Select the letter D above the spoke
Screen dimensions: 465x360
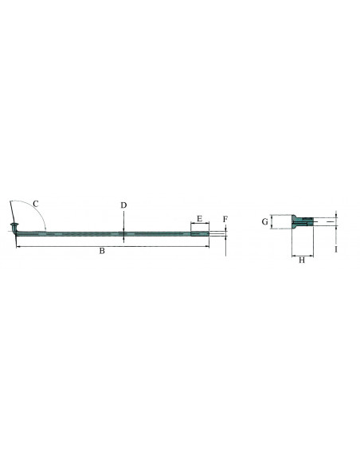pyautogui.click(x=124, y=205)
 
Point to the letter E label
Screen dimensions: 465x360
pyautogui.click(x=199, y=217)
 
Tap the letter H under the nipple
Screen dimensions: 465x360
pyautogui.click(x=301, y=260)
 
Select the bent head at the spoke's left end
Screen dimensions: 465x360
pyautogui.click(x=14, y=232)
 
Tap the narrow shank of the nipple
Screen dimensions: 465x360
pyautogui.click(x=306, y=222)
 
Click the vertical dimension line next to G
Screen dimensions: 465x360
pyautogui.click(x=272, y=222)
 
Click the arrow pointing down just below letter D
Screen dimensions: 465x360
pyautogui.click(x=124, y=228)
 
